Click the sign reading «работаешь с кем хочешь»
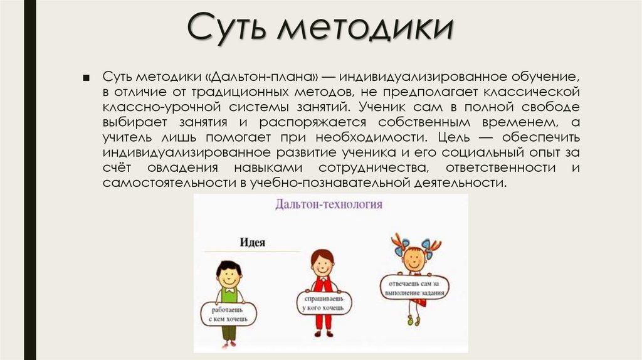(228, 313)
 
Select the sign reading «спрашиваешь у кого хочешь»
(324, 302)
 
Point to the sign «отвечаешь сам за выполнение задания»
(414, 286)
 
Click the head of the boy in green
(229, 273)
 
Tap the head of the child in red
(322, 263)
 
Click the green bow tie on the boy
(229, 291)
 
